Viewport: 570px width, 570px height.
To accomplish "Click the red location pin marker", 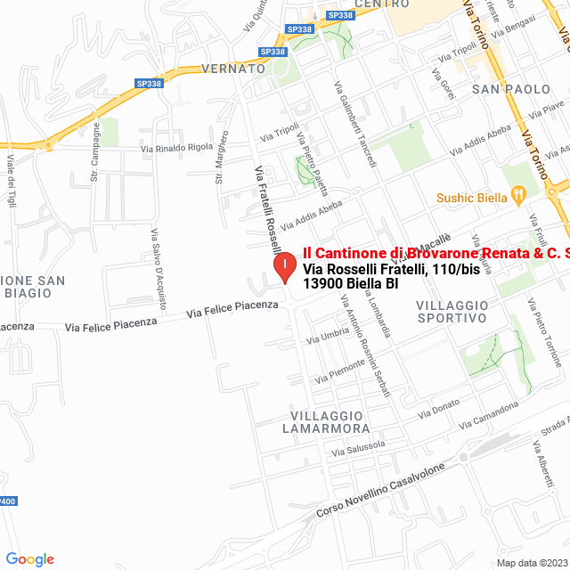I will click(284, 268).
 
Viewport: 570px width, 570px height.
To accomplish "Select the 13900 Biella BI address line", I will click(350, 284).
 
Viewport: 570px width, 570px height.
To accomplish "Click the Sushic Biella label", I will click(469, 198).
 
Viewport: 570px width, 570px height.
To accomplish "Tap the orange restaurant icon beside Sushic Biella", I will click(517, 195).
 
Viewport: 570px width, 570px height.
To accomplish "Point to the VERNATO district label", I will click(233, 68).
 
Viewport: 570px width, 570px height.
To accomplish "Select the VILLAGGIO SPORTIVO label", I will click(452, 311).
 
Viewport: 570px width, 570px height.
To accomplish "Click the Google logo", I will click(29, 559).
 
